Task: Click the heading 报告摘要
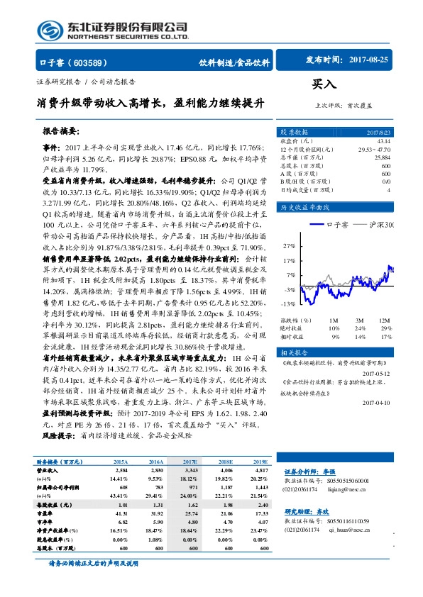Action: [62, 131]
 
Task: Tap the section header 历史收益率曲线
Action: [304, 207]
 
